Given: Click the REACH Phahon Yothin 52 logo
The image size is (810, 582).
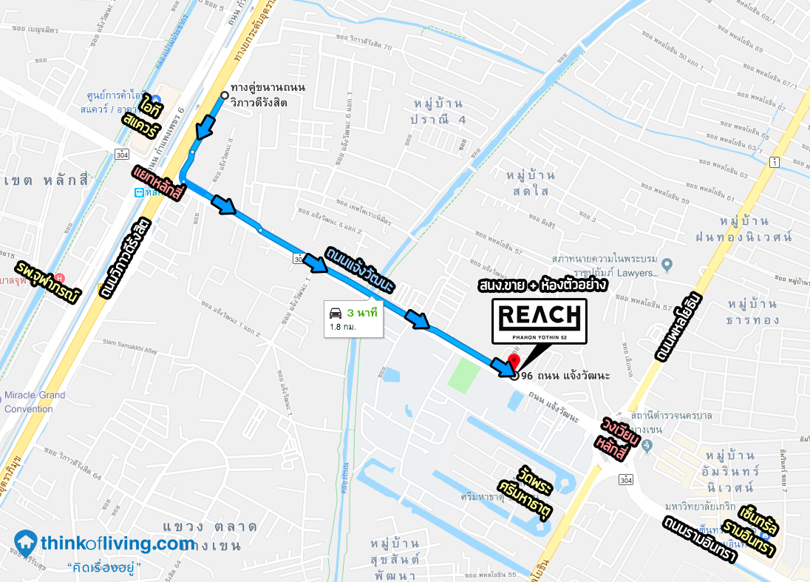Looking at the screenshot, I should tap(540, 321).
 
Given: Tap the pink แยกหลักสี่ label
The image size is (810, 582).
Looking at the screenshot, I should tap(160, 182).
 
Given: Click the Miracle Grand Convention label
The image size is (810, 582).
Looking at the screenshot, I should tap(35, 402).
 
